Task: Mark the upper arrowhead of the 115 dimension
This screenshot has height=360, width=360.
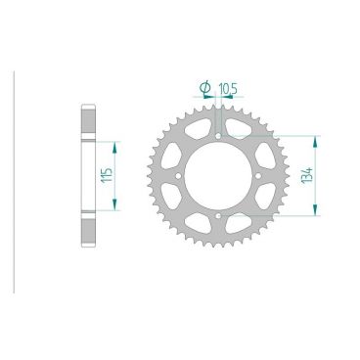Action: [116, 143]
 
